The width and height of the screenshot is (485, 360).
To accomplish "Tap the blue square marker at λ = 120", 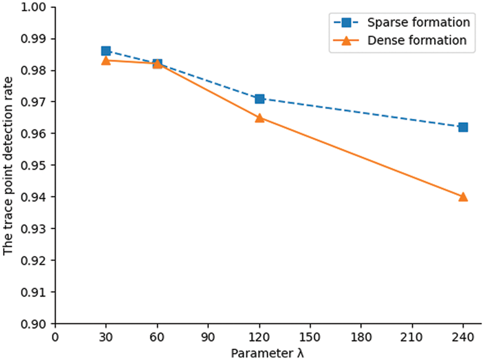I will (x=259, y=98).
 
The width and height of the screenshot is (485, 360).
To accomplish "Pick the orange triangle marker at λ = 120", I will (x=259, y=118).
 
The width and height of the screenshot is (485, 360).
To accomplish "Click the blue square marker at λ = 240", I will (x=463, y=127).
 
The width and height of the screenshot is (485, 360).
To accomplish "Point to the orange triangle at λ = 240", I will (x=463, y=197).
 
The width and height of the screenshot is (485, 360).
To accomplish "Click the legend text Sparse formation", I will (x=418, y=22).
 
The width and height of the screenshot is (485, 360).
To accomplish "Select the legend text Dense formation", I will (x=417, y=41).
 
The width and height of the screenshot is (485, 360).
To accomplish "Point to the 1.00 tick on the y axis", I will (x=39, y=7).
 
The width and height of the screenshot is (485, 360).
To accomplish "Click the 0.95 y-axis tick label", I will (x=39, y=166).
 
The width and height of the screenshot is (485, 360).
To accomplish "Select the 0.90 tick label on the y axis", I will (x=39, y=324).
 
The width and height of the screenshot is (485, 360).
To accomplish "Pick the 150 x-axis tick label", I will (x=310, y=337).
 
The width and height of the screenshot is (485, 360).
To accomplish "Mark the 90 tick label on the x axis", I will (x=208, y=337).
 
